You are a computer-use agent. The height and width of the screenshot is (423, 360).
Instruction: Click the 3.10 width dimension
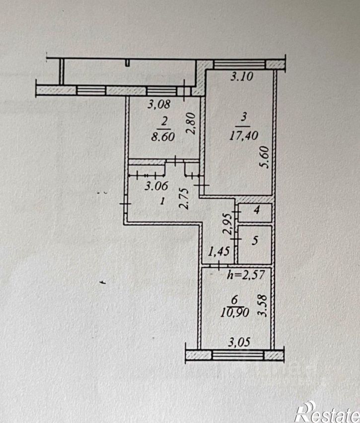pyautogui.click(x=242, y=77)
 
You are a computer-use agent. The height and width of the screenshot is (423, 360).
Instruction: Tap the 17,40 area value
pyautogui.click(x=244, y=135)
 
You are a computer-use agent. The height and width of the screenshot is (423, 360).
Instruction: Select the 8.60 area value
pyautogui.click(x=163, y=137)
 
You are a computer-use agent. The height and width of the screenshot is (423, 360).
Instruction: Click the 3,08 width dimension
pyautogui.click(x=159, y=104)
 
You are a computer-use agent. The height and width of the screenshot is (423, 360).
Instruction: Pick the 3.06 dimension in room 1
pyautogui.click(x=156, y=186)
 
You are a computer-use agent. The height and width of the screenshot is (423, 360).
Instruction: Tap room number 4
pyautogui.click(x=257, y=210)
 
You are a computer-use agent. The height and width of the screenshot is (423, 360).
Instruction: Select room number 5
pyautogui.click(x=255, y=240)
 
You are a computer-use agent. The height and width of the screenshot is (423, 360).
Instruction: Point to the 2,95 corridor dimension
pyautogui.click(x=228, y=225)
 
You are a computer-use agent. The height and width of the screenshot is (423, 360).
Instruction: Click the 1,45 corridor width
pyautogui.click(x=219, y=252)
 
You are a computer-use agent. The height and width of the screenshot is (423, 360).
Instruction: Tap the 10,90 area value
pyautogui.click(x=234, y=313)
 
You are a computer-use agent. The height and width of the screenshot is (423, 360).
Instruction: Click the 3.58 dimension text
pyautogui.click(x=263, y=305)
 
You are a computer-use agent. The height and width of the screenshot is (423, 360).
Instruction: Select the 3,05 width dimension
pyautogui.click(x=239, y=342)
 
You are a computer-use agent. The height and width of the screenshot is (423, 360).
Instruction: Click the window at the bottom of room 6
pyautogui.click(x=238, y=355)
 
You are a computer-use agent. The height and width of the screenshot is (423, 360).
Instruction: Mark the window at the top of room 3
pyautogui.click(x=239, y=65)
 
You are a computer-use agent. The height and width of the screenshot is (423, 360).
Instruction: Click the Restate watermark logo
pyautogui.click(x=328, y=412)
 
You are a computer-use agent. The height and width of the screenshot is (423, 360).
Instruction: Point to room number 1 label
pyautogui.click(x=162, y=201)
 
